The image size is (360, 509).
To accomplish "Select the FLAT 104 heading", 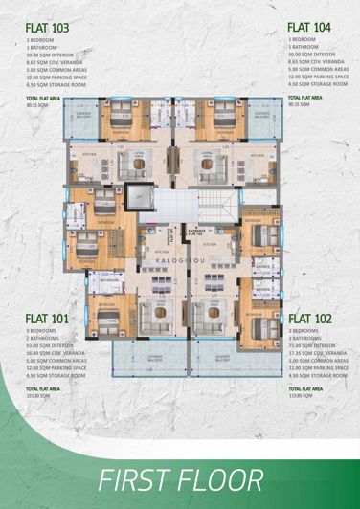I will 308,29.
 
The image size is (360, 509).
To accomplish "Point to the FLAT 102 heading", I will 308,319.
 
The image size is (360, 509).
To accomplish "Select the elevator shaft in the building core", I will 142,197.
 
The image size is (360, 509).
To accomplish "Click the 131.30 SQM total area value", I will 39,395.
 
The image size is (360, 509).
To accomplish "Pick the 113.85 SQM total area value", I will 302,395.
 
